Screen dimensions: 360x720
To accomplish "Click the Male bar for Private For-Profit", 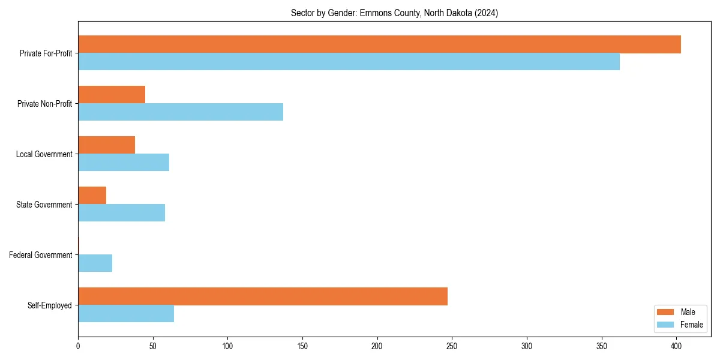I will [379, 44].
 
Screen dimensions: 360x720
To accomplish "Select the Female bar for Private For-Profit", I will [349, 62].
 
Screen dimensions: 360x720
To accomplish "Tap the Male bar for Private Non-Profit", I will [112, 95].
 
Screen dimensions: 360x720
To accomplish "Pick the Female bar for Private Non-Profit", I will [181, 112].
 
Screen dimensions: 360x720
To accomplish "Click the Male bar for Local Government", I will [106, 145].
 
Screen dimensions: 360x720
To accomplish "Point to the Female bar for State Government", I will [121, 213].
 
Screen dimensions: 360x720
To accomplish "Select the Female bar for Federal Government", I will [95, 263].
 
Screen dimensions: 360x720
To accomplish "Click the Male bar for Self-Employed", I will [263, 296].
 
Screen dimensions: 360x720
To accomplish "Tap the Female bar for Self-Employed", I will [126, 314].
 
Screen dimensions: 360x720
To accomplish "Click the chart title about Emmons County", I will [394, 13].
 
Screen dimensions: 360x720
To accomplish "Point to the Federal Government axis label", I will [41, 255].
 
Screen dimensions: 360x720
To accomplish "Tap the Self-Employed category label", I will [50, 305].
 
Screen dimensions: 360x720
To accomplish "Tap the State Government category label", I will [44, 205].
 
